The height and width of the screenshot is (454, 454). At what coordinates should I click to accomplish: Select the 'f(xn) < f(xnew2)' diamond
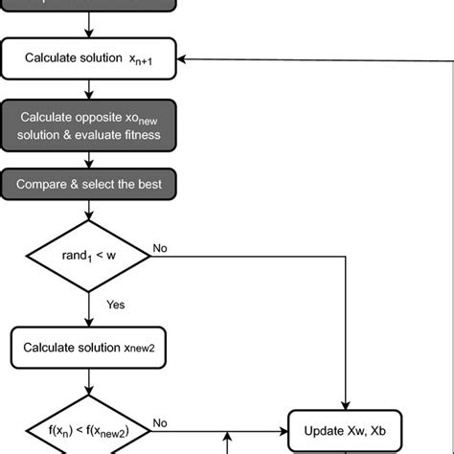89,421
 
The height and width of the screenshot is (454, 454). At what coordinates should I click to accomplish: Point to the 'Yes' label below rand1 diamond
115,305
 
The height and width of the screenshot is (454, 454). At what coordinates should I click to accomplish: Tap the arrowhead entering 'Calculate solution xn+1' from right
186,58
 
